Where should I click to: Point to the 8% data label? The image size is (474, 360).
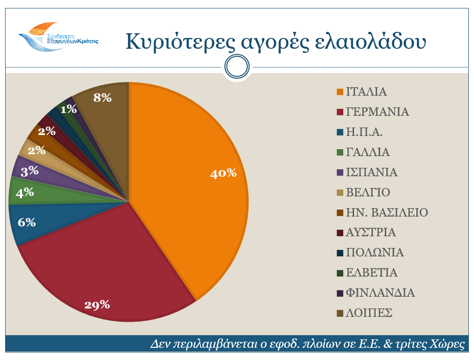click(x=103, y=98)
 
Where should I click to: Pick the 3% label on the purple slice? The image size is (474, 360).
click(x=30, y=171)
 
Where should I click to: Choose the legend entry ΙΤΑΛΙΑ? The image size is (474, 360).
click(x=366, y=92)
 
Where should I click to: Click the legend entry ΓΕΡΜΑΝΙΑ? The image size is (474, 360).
click(x=378, y=112)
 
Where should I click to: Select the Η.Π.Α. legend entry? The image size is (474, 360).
click(x=364, y=132)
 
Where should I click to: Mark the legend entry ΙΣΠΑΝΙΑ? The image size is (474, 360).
click(x=372, y=172)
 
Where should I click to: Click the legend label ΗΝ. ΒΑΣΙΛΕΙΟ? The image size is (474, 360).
click(x=387, y=213)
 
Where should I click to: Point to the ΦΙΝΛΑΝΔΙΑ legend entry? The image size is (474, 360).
click(x=380, y=293)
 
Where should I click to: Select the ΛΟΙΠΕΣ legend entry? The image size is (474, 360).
click(x=369, y=313)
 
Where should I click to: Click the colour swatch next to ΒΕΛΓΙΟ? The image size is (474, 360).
click(x=340, y=193)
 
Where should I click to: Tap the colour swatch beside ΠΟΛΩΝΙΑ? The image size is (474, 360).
click(x=340, y=253)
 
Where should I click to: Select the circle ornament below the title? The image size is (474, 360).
click(x=237, y=67)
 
